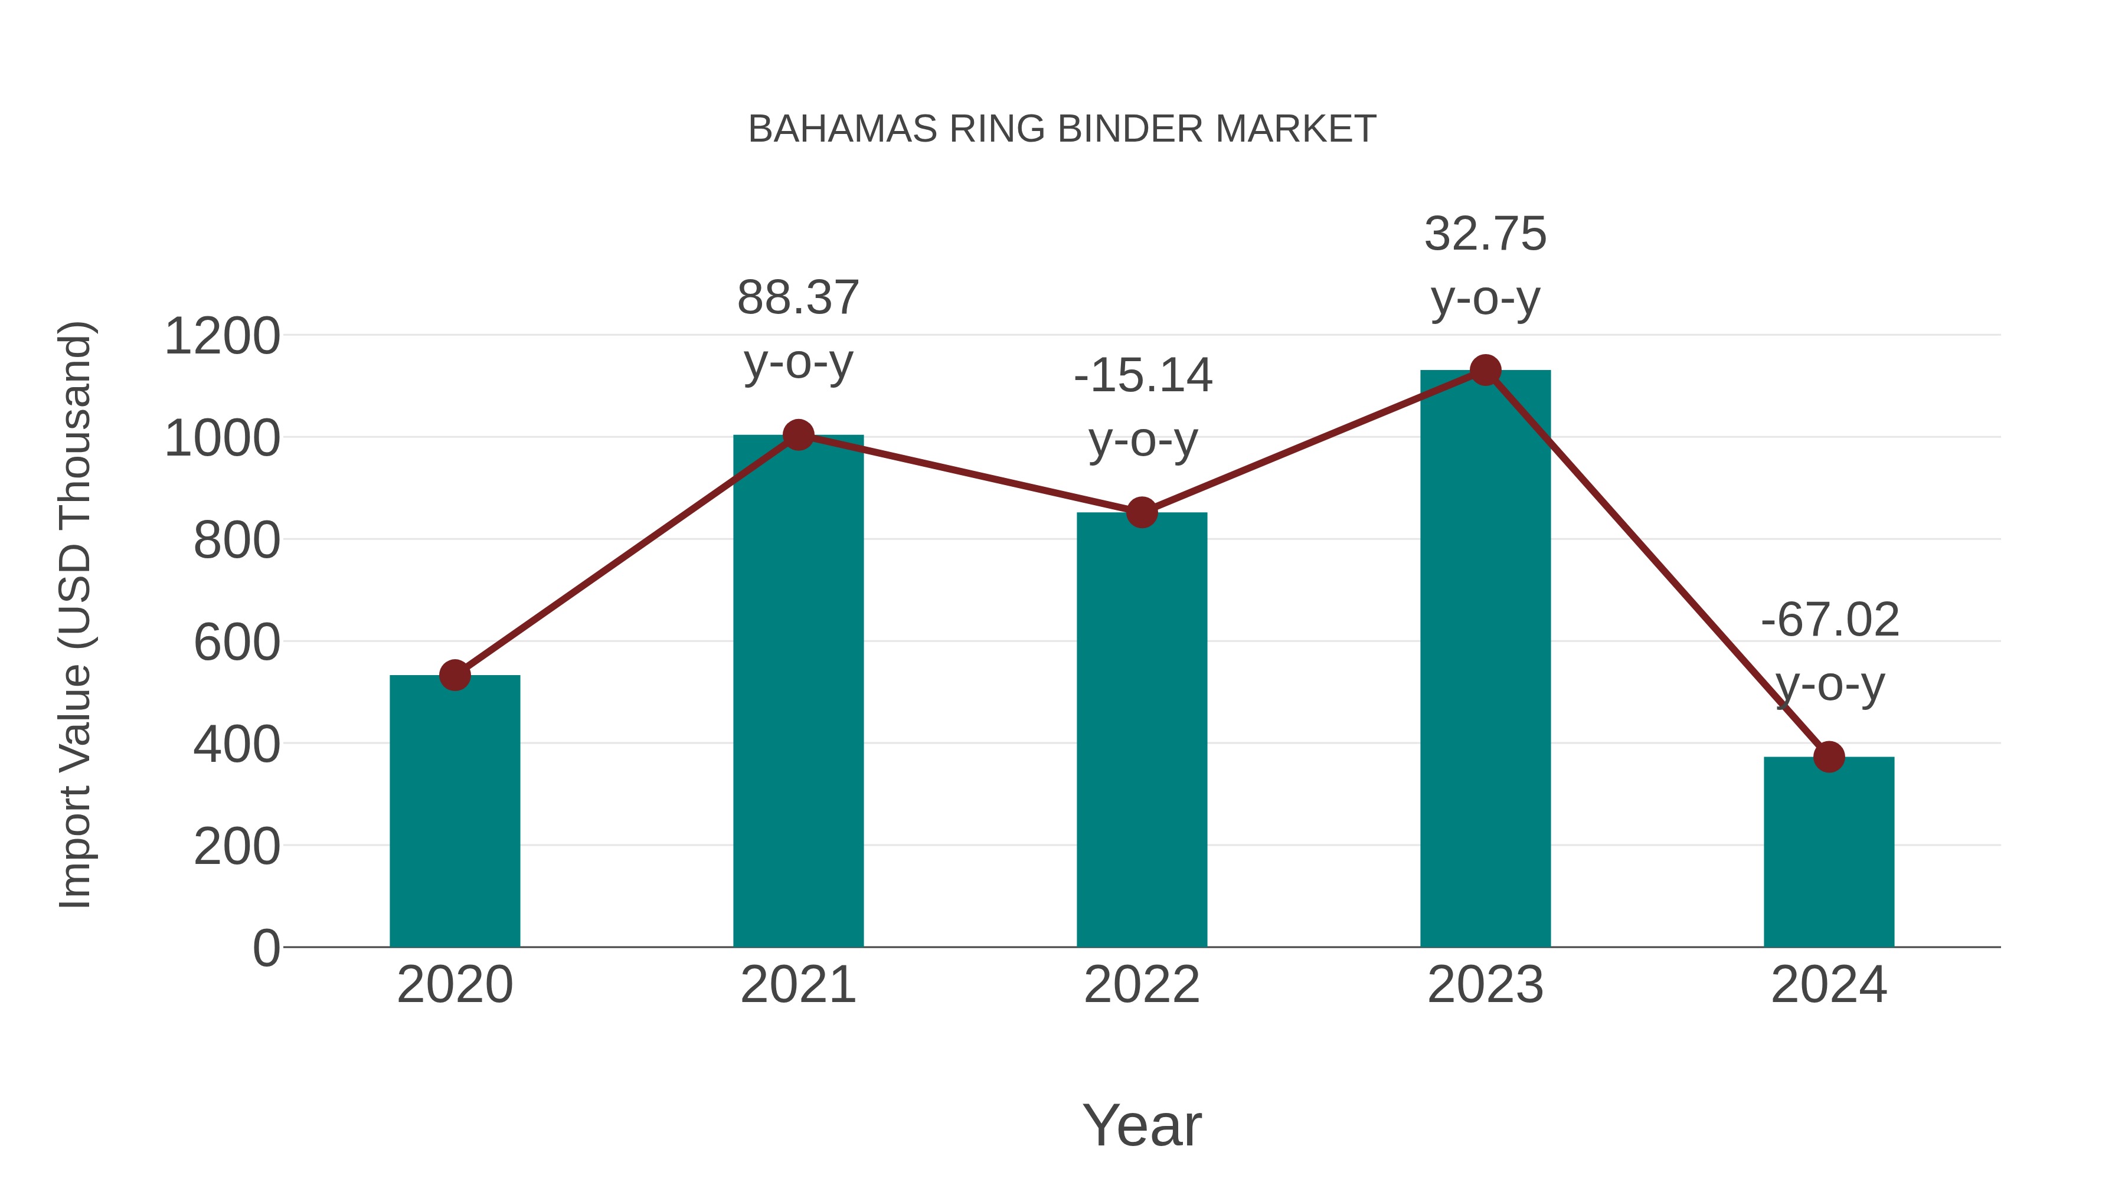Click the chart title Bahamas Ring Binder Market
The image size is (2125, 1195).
(1062, 129)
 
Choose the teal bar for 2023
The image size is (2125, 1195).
(1485, 660)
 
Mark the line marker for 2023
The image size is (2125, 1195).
(1485, 370)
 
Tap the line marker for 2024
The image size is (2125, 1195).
(1829, 757)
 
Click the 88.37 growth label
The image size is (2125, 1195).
(797, 299)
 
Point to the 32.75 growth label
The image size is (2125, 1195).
(1485, 234)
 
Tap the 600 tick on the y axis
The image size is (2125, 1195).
(237, 643)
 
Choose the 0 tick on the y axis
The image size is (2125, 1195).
(266, 948)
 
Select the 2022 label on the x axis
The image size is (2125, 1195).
(1142, 985)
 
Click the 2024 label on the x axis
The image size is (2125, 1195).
(1829, 985)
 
